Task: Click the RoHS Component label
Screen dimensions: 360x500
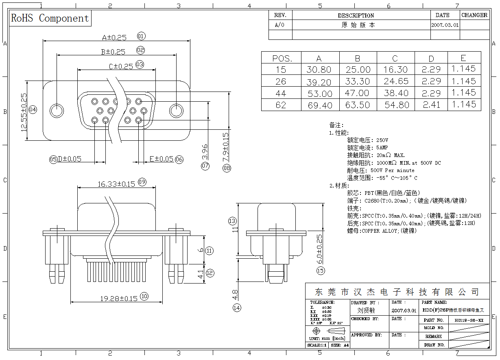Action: pyautogui.click(x=50, y=18)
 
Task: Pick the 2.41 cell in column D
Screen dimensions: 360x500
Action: pyautogui.click(x=431, y=105)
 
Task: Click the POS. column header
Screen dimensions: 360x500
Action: pyautogui.click(x=281, y=58)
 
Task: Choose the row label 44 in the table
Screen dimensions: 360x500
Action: pyautogui.click(x=281, y=94)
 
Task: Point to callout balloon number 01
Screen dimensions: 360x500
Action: pyautogui.click(x=141, y=36)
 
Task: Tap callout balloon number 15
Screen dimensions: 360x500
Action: pyautogui.click(x=321, y=271)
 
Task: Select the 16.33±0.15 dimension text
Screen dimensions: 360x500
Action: pyautogui.click(x=116, y=184)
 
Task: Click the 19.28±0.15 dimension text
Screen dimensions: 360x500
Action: pyautogui.click(x=119, y=299)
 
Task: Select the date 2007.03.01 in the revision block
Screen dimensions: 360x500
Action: pyautogui.click(x=445, y=25)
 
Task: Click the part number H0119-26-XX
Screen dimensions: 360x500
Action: pyautogui.click(x=469, y=321)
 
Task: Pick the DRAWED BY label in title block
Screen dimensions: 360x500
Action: pyautogui.click(x=365, y=303)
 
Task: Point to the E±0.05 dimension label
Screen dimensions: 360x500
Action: pyautogui.click(x=161, y=159)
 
